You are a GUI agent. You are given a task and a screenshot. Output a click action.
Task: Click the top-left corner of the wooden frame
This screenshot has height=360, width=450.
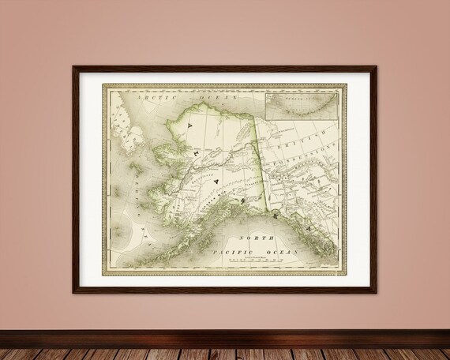(x=73, y=66)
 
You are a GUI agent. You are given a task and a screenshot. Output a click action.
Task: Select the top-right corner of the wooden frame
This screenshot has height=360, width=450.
(x=378, y=66)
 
